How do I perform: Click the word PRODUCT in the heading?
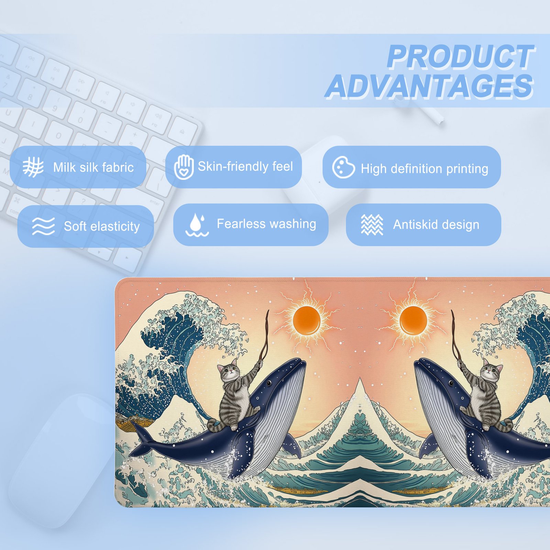tap(461, 57)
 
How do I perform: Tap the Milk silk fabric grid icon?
tap(33, 167)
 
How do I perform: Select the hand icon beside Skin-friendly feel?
tap(184, 167)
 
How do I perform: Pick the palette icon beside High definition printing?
tap(343, 167)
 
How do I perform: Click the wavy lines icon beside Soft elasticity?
tap(43, 226)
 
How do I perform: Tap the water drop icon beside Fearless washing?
tap(197, 225)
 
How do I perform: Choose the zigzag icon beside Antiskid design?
tap(372, 225)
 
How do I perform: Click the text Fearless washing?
tap(266, 224)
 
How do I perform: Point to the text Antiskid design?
tap(436, 225)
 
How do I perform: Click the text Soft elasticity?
tap(102, 227)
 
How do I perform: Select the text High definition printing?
tap(425, 169)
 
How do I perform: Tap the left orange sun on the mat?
tap(306, 320)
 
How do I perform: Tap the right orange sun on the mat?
tap(413, 320)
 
